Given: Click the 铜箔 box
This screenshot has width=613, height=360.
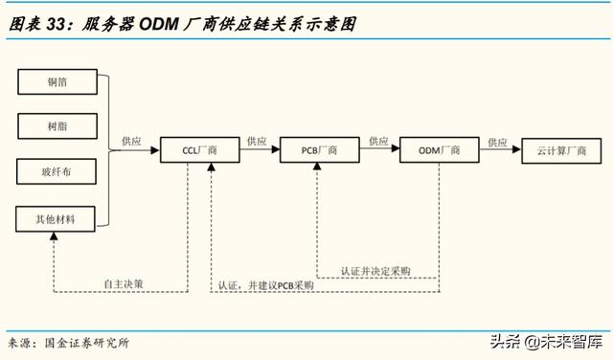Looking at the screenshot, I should (x=57, y=83).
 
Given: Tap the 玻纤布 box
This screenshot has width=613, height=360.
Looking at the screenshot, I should (x=57, y=173).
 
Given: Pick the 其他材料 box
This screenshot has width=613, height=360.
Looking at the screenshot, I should (x=57, y=219).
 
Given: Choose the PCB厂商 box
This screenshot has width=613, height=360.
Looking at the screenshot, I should (x=320, y=151).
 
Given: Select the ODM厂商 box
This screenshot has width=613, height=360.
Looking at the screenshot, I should (x=441, y=151).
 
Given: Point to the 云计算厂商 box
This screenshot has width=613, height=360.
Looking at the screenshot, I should (x=560, y=151).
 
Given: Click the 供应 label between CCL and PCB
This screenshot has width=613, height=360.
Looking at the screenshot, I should (x=257, y=142).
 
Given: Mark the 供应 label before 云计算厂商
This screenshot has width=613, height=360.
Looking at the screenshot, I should (x=497, y=142).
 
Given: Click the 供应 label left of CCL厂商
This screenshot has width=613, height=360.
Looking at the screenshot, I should (x=131, y=142).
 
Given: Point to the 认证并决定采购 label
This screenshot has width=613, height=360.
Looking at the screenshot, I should (x=375, y=271).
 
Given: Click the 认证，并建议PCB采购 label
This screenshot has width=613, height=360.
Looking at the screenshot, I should (x=265, y=286).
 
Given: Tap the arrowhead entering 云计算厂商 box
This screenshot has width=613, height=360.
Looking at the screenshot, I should (x=517, y=151).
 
